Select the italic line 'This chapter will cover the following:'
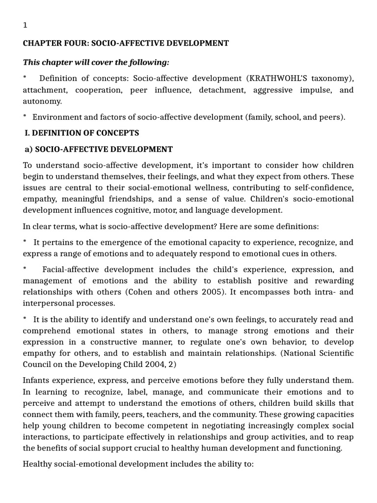pos(96,62)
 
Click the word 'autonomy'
pos(42,101)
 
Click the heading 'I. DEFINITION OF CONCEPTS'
pos(82,133)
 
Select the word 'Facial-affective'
pos(73,270)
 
